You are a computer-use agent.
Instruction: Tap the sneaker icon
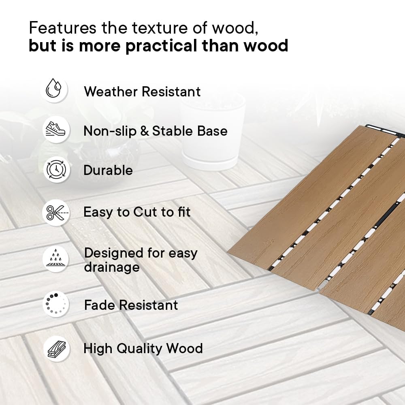pyautogui.click(x=55, y=129)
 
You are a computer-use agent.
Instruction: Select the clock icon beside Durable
pyautogui.click(x=56, y=170)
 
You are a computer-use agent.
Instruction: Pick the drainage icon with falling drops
pyautogui.click(x=56, y=258)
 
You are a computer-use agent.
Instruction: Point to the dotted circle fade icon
pyautogui.click(x=55, y=304)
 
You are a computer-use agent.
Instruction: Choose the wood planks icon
pyautogui.click(x=57, y=349)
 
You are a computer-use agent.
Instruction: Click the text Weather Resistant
pyautogui.click(x=142, y=92)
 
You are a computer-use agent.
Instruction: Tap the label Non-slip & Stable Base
pyautogui.click(x=156, y=131)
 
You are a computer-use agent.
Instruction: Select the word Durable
pyautogui.click(x=108, y=170)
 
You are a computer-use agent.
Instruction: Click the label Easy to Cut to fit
pyautogui.click(x=137, y=212)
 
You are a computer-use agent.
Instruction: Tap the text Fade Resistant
pyautogui.click(x=131, y=305)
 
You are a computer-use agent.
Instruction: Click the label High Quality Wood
pyautogui.click(x=143, y=349)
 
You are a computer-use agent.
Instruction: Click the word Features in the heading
pyautogui.click(x=62, y=28)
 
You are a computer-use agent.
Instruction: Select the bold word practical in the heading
pyautogui.click(x=161, y=46)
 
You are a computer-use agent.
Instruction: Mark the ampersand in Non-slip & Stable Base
pyautogui.click(x=145, y=131)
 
